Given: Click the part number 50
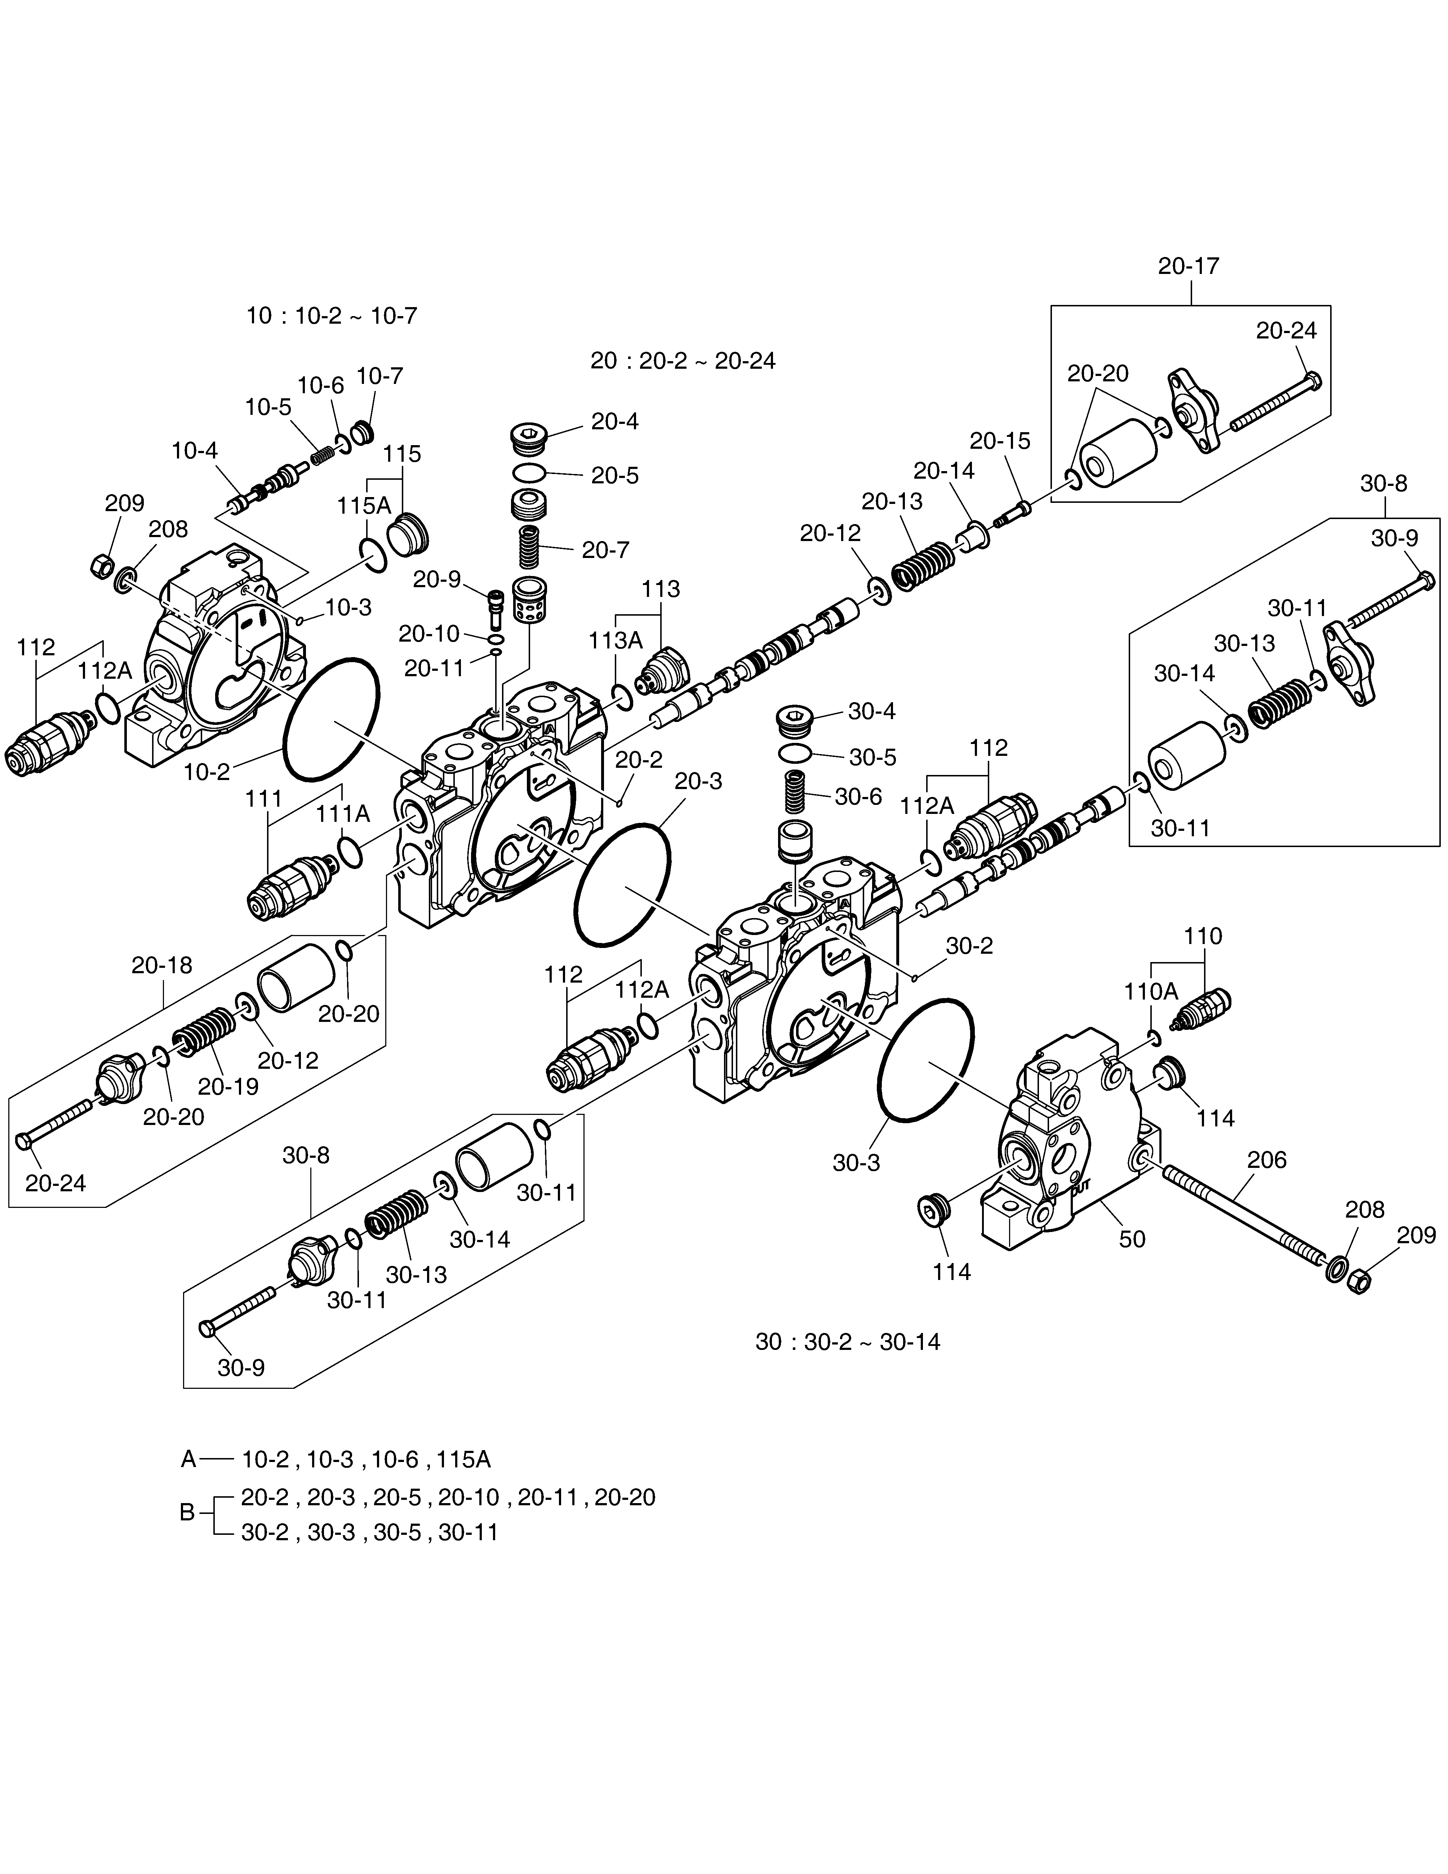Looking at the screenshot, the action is click(x=1132, y=1239).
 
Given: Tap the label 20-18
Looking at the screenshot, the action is click(x=162, y=965).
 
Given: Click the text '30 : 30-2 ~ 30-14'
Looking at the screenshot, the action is click(x=848, y=1342).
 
